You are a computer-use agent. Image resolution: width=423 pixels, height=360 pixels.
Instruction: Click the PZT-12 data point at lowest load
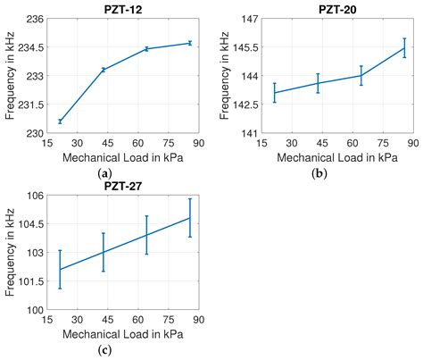point(60,121)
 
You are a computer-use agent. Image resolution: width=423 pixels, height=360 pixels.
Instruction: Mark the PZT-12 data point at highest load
point(189,43)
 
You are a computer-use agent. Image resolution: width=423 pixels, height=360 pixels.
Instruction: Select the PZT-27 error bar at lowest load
point(60,269)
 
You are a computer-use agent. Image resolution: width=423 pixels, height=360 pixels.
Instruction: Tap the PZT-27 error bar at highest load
point(189,217)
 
